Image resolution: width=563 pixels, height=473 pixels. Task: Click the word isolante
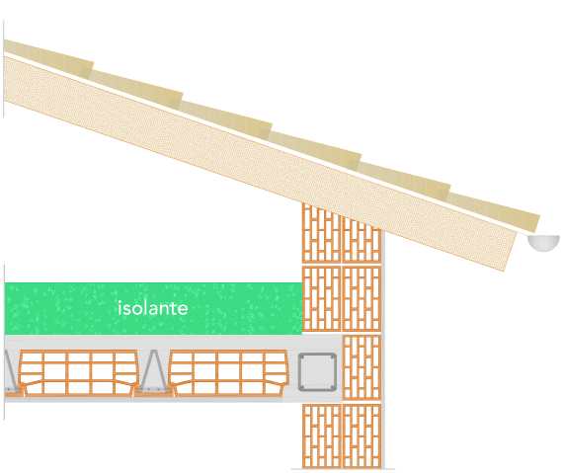152,308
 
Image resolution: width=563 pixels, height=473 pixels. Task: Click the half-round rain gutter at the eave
543,243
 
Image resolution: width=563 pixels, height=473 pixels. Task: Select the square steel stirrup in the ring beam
317,372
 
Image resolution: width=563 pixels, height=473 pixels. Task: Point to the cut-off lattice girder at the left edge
12,371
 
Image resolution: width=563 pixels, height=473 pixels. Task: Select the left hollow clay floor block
78,373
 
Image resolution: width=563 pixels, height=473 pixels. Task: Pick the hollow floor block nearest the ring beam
229,373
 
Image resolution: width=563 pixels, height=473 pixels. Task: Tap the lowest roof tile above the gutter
493,212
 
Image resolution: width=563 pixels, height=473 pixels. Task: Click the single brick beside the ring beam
362,367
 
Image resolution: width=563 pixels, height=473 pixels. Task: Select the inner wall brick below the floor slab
322,436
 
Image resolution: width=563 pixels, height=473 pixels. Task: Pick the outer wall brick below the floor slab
362,436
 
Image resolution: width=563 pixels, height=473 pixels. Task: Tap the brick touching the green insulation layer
321,298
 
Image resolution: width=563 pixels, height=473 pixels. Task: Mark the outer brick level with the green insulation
362,298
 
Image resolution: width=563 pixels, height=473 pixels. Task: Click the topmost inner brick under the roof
321,233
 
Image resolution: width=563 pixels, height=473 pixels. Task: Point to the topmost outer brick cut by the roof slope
361,240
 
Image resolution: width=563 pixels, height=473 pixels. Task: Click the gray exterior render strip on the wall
383,350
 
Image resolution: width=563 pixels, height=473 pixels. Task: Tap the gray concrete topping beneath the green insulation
154,342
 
